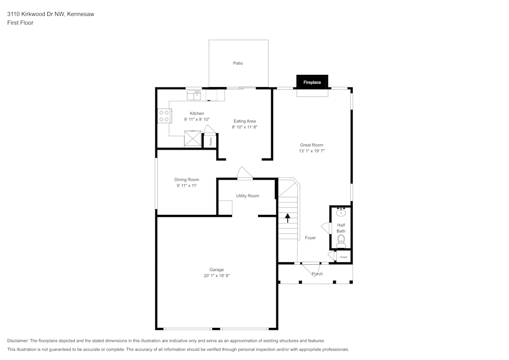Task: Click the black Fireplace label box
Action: click(x=312, y=82)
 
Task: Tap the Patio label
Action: click(x=238, y=63)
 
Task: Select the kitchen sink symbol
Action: click(x=194, y=94)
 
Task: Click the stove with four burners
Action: click(x=164, y=116)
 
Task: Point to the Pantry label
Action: click(x=211, y=141)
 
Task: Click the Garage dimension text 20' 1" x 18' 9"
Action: click(x=216, y=276)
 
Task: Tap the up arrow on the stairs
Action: click(x=288, y=218)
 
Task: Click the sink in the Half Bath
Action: click(x=341, y=212)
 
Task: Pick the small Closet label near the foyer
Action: click(x=343, y=257)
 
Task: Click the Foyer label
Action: click(x=310, y=238)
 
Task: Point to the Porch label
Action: click(x=317, y=274)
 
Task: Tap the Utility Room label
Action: click(x=247, y=196)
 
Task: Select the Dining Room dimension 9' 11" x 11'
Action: click(x=187, y=186)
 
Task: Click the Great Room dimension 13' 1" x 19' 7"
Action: click(x=312, y=151)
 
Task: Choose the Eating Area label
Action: click(x=244, y=121)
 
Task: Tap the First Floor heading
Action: click(x=20, y=23)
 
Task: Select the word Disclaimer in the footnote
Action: click(x=18, y=341)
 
